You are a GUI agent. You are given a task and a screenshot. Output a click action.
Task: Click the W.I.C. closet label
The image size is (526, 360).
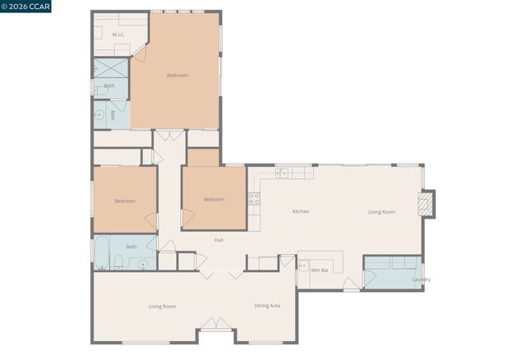(118, 35)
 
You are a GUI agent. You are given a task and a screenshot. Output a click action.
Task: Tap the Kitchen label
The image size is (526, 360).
(301, 212)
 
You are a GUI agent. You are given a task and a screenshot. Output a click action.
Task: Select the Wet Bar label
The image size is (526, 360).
(320, 270)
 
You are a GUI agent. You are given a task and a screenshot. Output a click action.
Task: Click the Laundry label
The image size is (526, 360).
(421, 279)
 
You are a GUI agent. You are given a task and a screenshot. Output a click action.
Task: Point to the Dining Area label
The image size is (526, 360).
(267, 306)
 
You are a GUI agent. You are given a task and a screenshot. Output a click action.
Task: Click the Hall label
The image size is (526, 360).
(219, 240)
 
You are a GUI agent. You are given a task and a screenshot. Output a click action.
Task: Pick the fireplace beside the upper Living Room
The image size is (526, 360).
(426, 204)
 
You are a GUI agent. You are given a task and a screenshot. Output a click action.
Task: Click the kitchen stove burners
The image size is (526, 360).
(254, 198)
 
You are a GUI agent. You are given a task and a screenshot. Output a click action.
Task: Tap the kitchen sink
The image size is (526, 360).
(282, 173)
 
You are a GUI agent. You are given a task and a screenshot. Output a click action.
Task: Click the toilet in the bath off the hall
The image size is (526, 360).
(118, 263)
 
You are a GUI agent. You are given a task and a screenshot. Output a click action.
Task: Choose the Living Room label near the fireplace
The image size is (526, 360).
(381, 212)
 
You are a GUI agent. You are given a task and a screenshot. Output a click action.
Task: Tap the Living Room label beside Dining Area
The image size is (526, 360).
(162, 307)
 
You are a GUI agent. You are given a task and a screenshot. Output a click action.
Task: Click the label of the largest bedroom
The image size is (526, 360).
(177, 76)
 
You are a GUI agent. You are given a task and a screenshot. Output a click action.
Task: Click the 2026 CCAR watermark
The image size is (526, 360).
(26, 7)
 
